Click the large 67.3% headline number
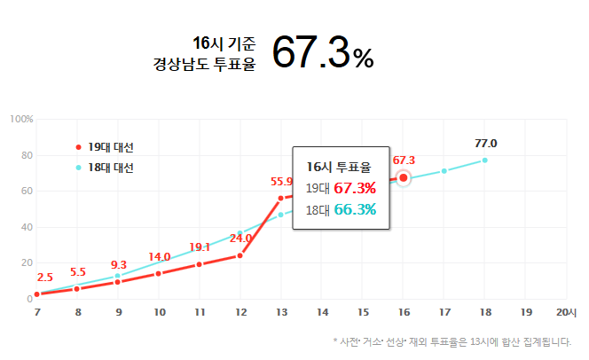(322, 52)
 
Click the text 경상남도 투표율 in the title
(204, 64)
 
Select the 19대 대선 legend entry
(110, 146)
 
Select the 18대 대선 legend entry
(110, 167)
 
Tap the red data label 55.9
(282, 182)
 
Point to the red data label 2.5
(44, 278)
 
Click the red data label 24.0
(241, 238)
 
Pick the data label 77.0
(485, 144)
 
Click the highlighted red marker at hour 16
(404, 178)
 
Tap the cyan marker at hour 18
(485, 160)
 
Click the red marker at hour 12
(240, 255)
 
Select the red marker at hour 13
(281, 198)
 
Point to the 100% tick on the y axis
(21, 120)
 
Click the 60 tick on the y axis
(27, 192)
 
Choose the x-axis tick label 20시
(565, 312)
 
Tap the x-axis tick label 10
(159, 312)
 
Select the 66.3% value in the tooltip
(355, 209)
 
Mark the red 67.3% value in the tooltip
(355, 187)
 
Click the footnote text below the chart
(452, 340)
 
